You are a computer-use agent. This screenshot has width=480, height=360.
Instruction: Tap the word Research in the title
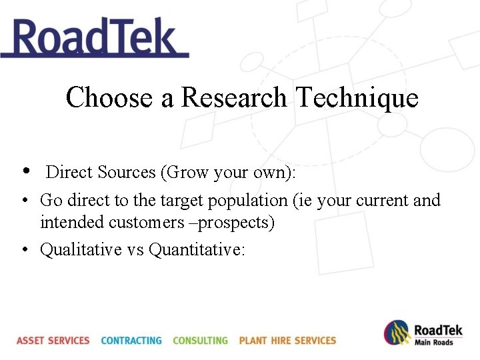(234, 98)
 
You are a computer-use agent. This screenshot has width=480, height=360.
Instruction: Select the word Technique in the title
(357, 98)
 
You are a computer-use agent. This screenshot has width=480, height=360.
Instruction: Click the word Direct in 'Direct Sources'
(69, 172)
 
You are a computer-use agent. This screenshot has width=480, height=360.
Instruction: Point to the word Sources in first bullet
(126, 172)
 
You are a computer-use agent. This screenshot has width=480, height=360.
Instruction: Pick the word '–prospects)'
(232, 222)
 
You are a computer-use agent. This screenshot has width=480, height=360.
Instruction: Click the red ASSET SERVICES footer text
(53, 340)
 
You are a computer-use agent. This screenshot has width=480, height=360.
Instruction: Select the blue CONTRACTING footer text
(131, 340)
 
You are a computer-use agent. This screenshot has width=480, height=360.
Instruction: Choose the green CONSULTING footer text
(200, 340)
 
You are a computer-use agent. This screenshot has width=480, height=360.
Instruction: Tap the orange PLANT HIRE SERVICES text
(287, 340)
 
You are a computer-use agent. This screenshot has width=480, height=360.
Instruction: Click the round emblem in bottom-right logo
(397, 333)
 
